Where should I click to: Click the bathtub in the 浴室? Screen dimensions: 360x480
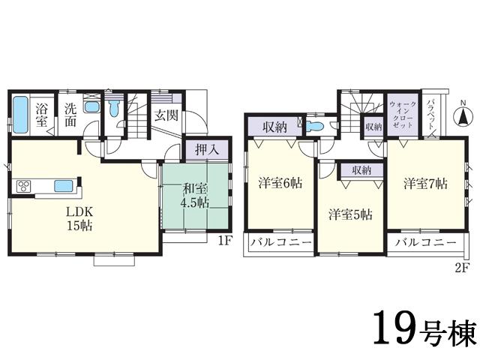click(22, 115)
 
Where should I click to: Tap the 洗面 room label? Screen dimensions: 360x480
click(70, 114)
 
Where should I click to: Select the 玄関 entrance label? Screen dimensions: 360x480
click(166, 115)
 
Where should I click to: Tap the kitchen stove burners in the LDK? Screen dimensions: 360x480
click(22, 186)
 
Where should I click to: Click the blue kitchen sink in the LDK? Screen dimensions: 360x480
click(62, 186)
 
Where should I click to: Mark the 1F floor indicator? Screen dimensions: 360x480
click(224, 241)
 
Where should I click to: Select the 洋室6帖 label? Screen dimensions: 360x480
click(280, 182)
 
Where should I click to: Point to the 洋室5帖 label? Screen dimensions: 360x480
click(350, 214)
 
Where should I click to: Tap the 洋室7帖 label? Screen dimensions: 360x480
click(424, 182)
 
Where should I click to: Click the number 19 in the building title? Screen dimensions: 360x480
click(394, 328)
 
